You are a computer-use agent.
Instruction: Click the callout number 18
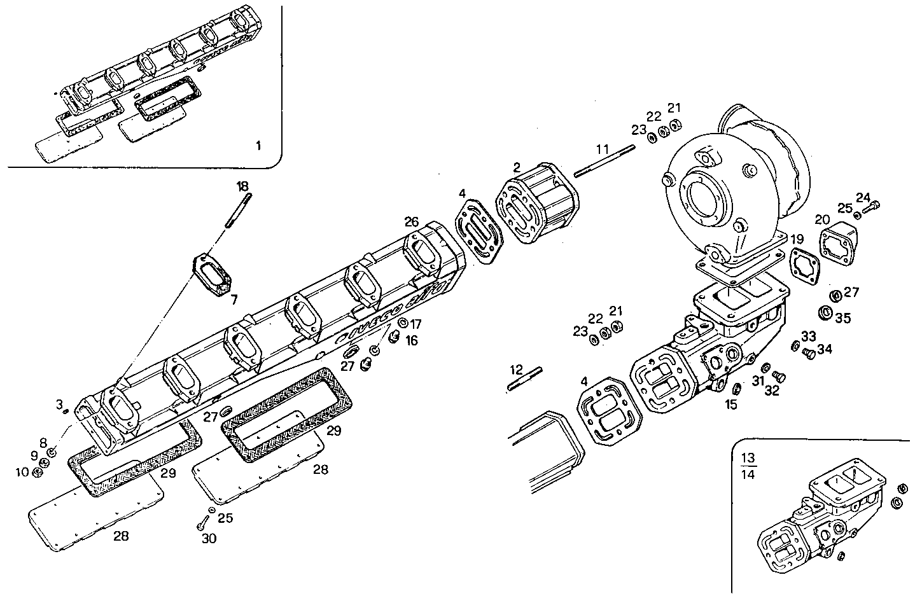point(242,186)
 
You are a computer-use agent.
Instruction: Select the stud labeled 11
point(604,161)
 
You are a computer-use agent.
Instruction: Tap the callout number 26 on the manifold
point(411,222)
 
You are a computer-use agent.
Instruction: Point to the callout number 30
point(209,539)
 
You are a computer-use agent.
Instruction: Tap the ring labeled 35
point(826,314)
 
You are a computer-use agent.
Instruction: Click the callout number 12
point(516,369)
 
